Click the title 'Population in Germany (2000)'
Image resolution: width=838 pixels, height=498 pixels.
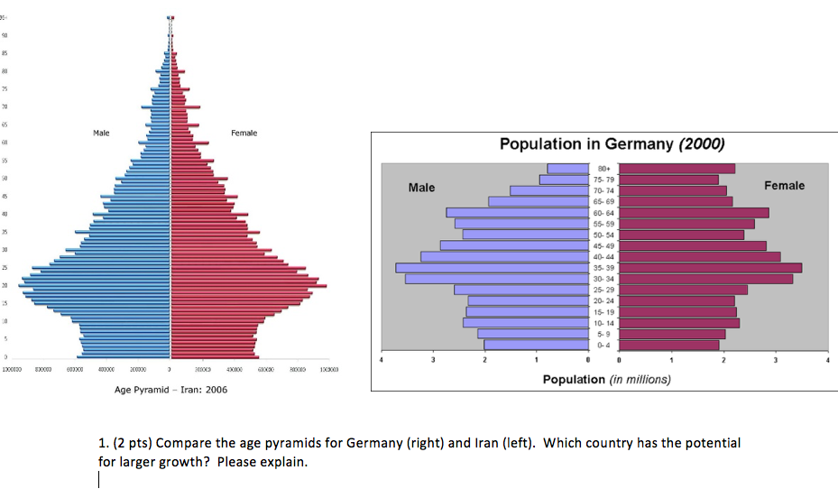612,144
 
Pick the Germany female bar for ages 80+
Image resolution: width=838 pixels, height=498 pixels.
677,169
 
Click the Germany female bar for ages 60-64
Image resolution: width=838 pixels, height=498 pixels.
694,213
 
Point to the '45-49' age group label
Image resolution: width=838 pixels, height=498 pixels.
603,245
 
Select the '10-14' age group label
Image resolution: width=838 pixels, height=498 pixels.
603,323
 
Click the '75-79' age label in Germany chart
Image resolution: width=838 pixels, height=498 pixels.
603,180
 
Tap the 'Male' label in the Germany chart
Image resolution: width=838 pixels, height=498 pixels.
421,188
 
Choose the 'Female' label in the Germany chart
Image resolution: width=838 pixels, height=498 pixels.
784,186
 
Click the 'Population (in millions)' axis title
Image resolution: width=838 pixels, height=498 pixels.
606,379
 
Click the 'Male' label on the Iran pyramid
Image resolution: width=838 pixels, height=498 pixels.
101,133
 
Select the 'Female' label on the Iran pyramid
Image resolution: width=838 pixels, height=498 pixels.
244,133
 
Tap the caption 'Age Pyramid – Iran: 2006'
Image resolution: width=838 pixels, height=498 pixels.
171,390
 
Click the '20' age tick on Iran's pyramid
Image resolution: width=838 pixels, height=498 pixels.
5,285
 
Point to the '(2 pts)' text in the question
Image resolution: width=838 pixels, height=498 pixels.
127,444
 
